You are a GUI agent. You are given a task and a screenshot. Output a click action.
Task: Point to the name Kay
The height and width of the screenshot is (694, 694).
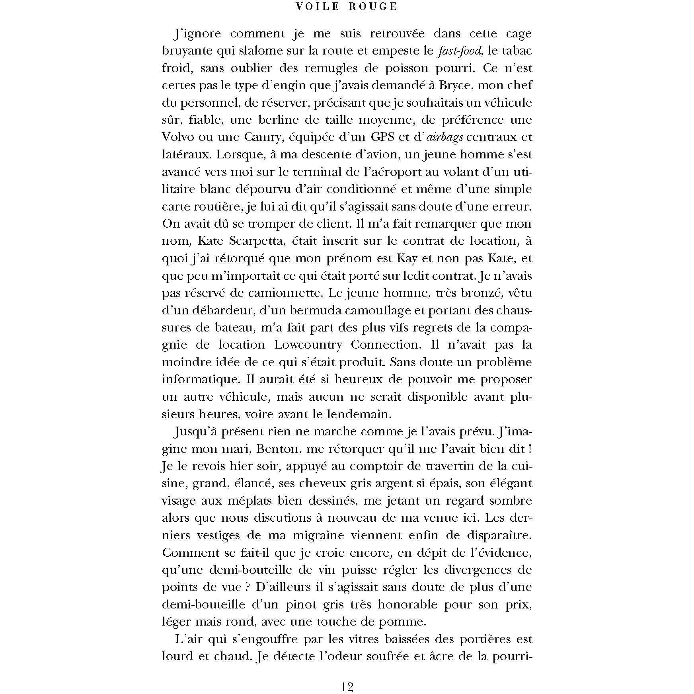(407, 259)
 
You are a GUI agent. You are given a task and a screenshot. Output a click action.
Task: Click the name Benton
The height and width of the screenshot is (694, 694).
(276, 449)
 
